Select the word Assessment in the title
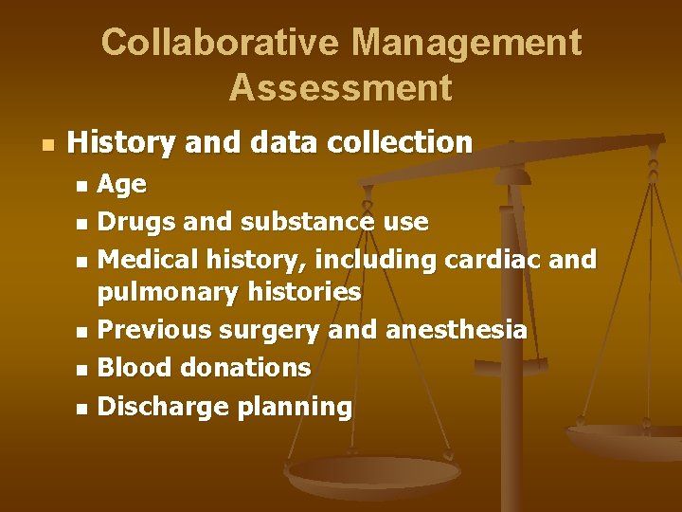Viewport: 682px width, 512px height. pos(341,88)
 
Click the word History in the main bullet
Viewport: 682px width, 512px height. pos(122,143)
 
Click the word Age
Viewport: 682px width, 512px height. pos(122,185)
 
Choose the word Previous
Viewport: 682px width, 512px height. pos(155,330)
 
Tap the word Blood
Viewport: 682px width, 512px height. pos(132,367)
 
